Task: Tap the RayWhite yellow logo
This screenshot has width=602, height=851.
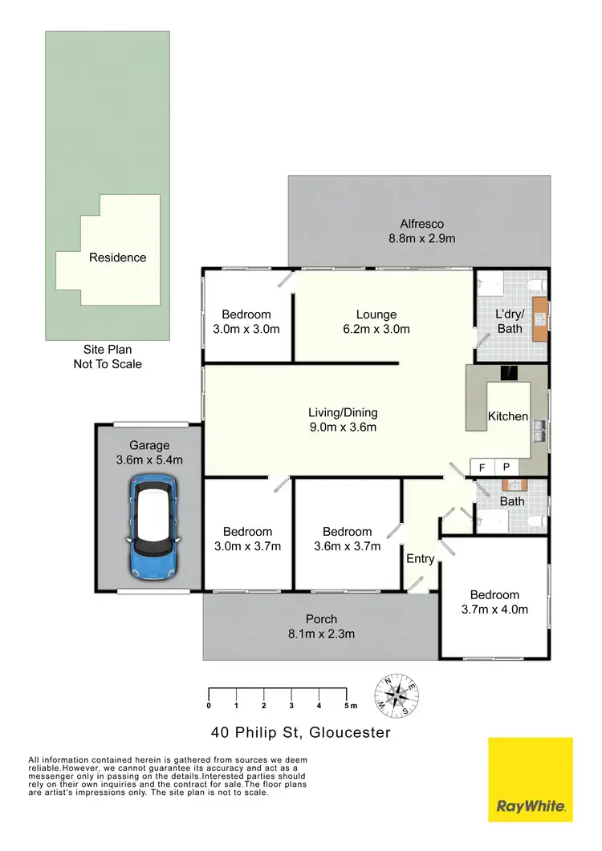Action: click(x=531, y=780)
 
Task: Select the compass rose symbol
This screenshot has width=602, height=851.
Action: click(x=396, y=695)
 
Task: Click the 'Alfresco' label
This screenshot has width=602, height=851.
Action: click(x=422, y=225)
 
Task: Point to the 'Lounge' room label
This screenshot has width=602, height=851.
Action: click(x=376, y=314)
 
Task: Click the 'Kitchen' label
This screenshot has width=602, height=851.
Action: click(x=508, y=416)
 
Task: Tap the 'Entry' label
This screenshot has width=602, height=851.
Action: click(x=421, y=559)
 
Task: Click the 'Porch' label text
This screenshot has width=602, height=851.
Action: click(x=321, y=619)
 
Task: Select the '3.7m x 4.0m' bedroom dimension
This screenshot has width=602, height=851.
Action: click(x=494, y=610)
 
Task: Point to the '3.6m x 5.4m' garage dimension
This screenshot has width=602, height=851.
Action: click(x=150, y=460)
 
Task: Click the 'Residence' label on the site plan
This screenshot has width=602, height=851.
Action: click(x=117, y=257)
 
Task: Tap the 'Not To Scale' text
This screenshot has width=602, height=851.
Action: click(x=108, y=364)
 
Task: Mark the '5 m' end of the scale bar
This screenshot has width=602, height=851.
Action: click(x=348, y=706)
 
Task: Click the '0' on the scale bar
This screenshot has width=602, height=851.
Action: click(x=209, y=706)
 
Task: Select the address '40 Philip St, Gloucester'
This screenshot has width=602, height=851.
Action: click(x=301, y=732)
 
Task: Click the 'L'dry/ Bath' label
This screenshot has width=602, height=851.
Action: click(x=510, y=321)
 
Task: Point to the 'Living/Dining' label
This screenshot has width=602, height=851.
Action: click(x=343, y=412)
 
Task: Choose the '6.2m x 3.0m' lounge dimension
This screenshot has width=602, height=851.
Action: click(x=376, y=329)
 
